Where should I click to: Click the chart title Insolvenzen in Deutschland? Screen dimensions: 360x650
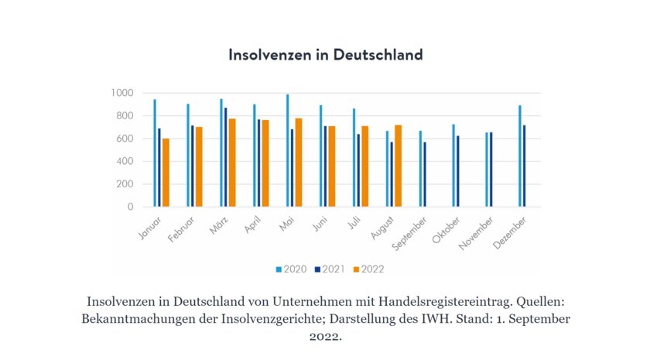point(326,55)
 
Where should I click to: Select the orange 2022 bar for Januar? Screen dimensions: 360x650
point(166,173)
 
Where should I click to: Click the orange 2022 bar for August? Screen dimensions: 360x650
point(399,166)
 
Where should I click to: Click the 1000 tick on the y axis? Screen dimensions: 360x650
point(121,93)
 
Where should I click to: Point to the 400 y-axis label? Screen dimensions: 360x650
point(124,162)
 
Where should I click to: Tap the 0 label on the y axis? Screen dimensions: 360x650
point(130,207)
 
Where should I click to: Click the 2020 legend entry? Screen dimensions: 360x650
point(291,269)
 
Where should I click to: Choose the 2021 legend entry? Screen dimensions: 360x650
point(330,269)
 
